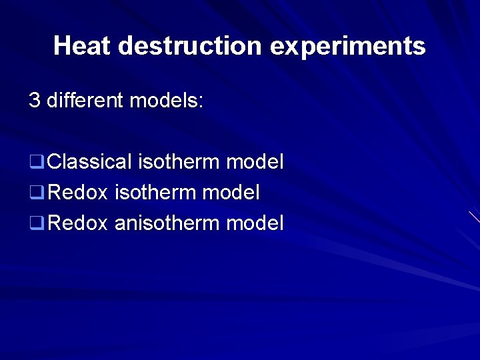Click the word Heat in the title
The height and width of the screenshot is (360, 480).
83,46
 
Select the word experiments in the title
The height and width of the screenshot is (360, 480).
347,46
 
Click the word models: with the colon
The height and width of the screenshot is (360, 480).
166,101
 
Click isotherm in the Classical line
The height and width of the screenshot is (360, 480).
179,161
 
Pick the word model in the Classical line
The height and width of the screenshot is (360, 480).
255,161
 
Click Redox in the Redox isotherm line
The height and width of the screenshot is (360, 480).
78,193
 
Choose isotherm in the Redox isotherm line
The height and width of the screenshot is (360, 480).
155,193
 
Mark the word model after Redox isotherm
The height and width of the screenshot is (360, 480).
231,193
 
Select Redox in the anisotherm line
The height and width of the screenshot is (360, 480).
78,223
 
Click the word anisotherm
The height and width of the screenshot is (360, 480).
167,223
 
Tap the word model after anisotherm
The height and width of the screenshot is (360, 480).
255,223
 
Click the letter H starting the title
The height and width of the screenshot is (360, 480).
62,46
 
